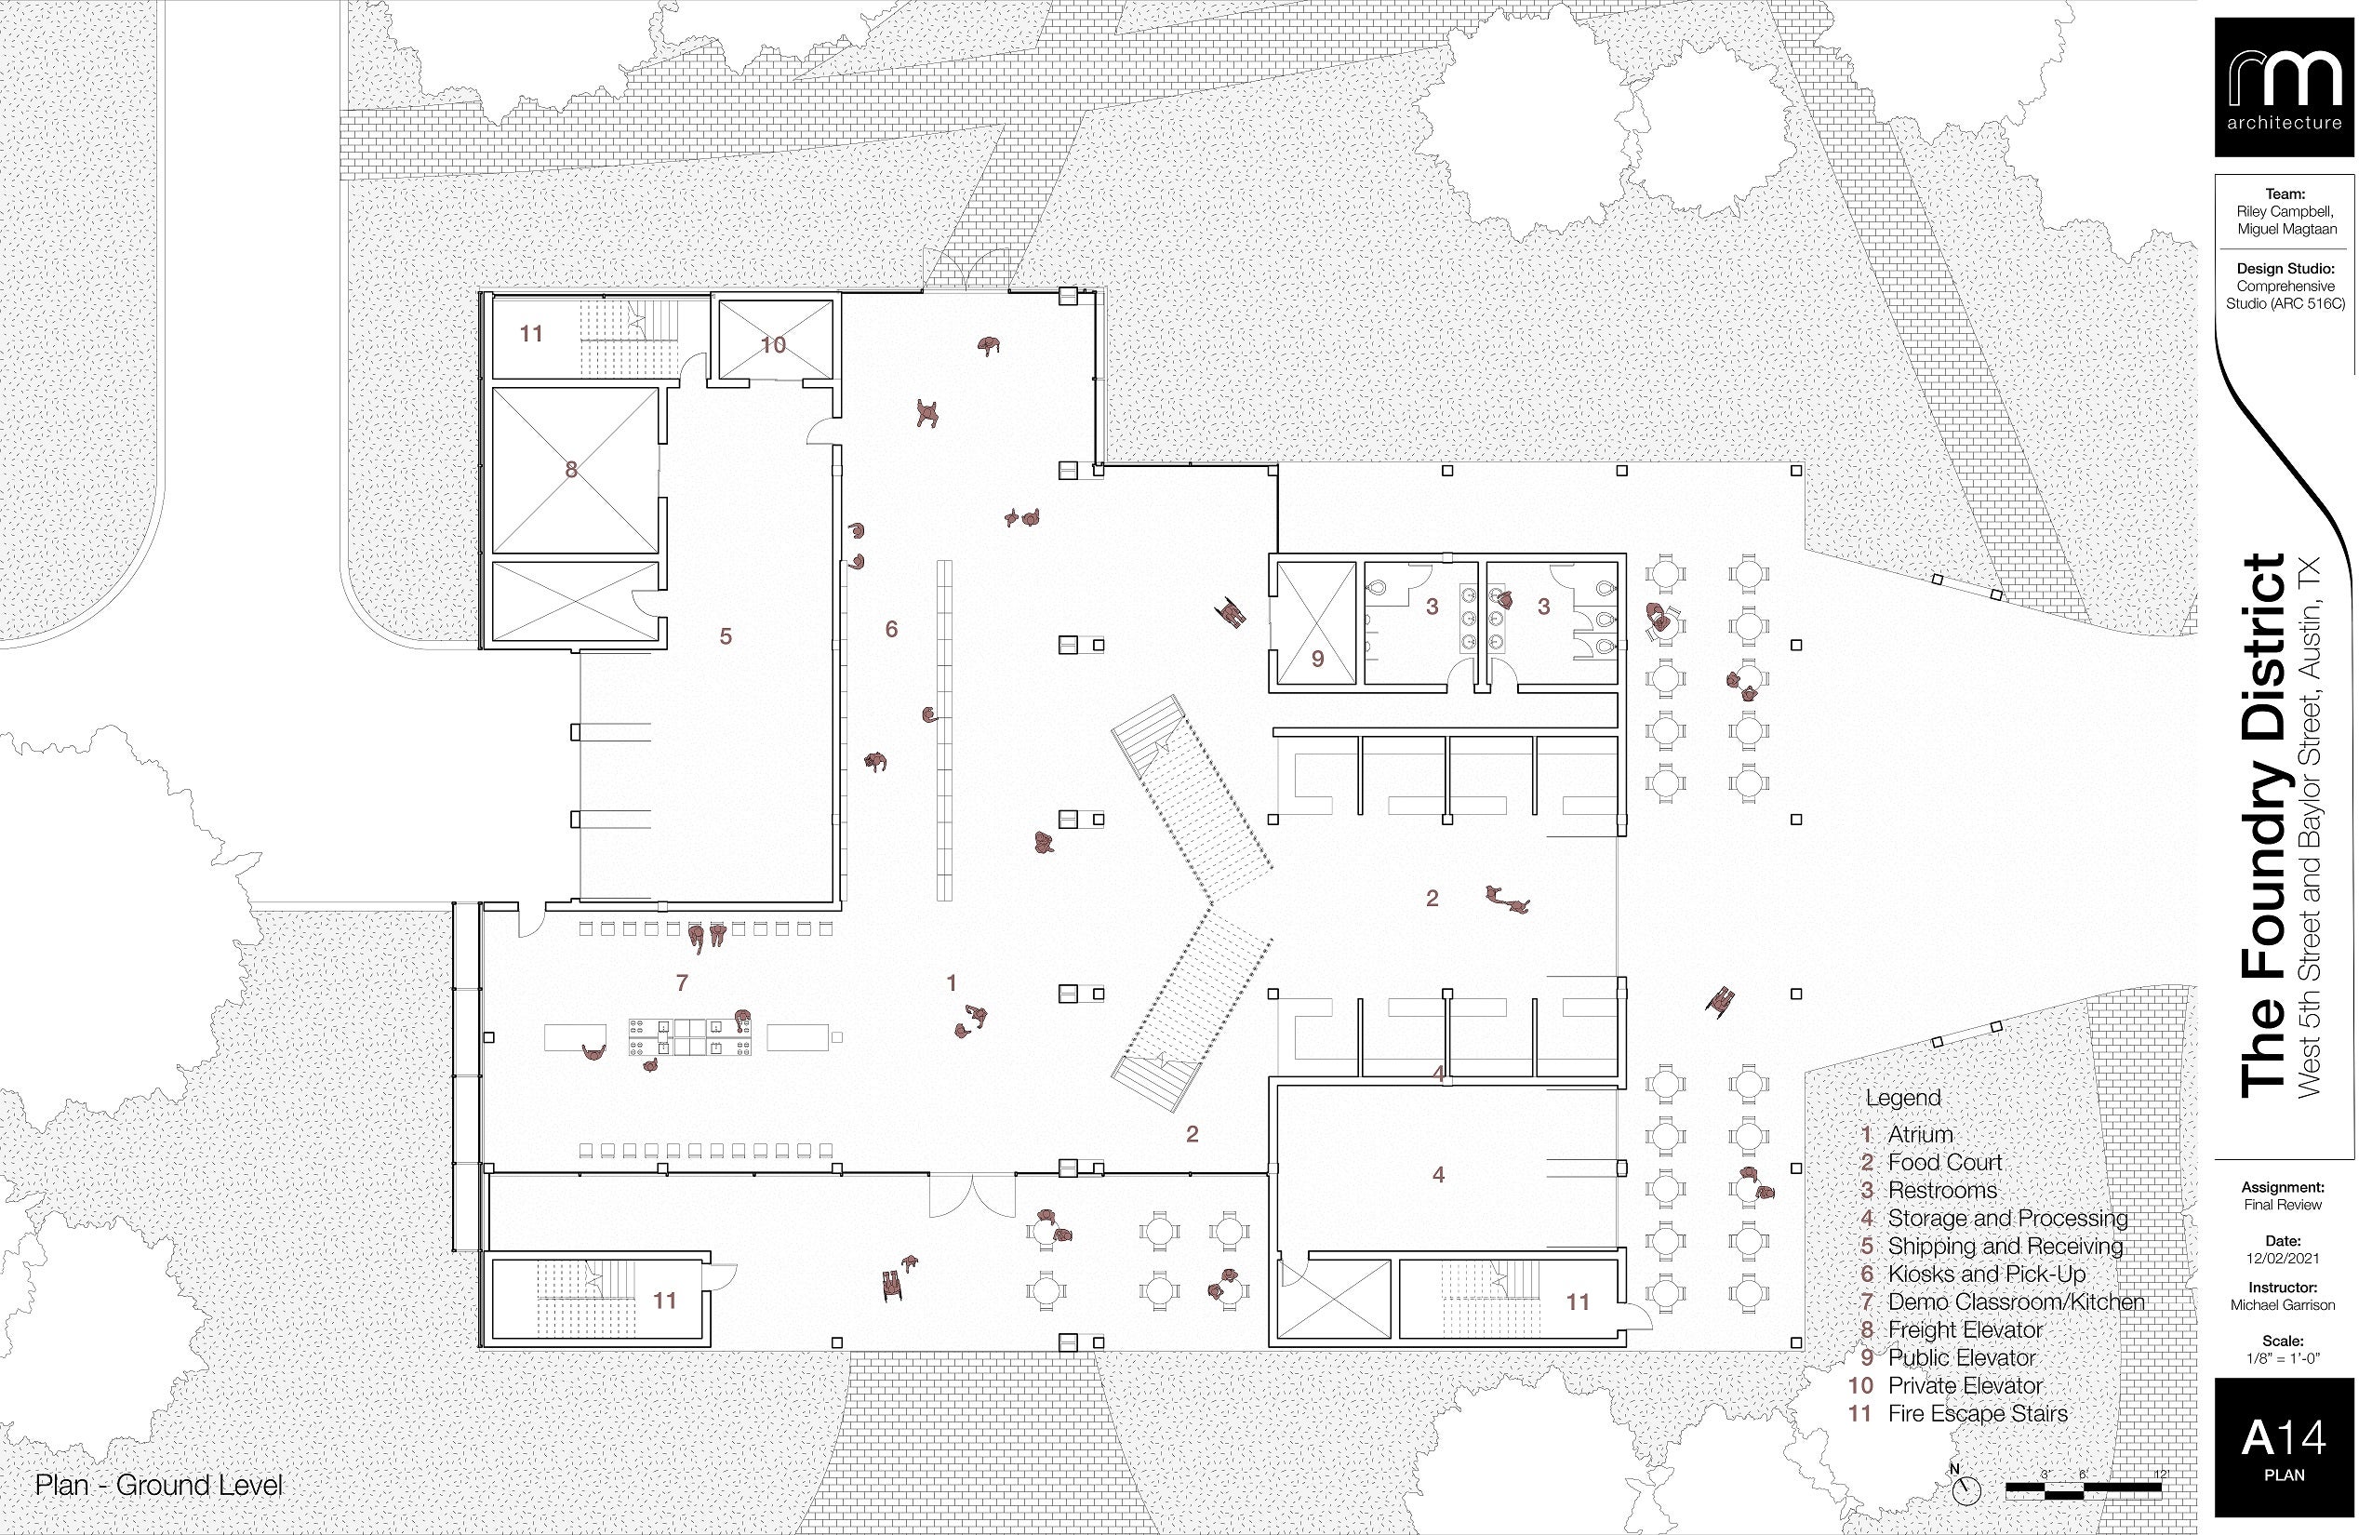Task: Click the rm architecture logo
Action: pos(2285,101)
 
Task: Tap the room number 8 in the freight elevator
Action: pos(571,470)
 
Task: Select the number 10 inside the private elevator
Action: pos(773,345)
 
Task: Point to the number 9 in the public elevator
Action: pos(1317,659)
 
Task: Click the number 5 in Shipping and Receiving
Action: pos(726,636)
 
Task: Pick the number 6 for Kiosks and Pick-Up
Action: pos(891,629)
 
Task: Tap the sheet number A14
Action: pos(2285,1438)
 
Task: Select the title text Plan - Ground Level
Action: pos(159,1485)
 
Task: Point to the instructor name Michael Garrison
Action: pos(2285,1304)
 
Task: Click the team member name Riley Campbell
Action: pos(2285,211)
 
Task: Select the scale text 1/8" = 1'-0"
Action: pos(2285,1357)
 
